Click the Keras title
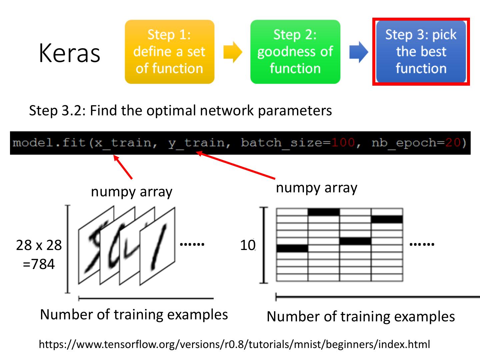(x=69, y=53)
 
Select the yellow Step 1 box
(x=169, y=52)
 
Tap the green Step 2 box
(x=295, y=52)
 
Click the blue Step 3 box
(x=421, y=52)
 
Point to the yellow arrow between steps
(x=232, y=52)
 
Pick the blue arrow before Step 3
(x=358, y=52)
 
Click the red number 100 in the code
(x=343, y=143)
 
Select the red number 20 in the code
(x=453, y=143)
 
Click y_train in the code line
(x=196, y=143)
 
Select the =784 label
(x=39, y=264)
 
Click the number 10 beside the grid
(x=248, y=245)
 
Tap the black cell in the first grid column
(x=292, y=248)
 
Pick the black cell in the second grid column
(x=324, y=212)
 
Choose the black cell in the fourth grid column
(x=387, y=219)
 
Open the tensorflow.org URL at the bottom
(x=234, y=344)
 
